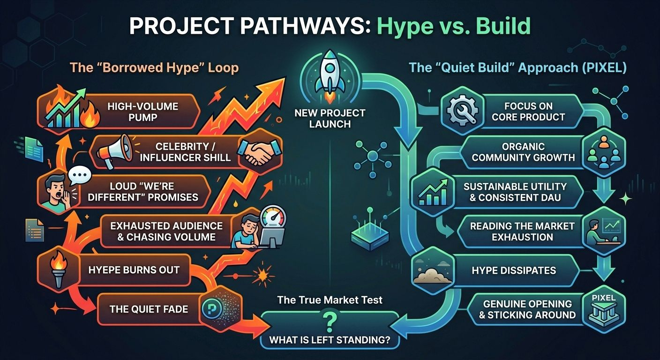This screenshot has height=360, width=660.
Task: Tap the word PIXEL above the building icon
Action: (x=603, y=298)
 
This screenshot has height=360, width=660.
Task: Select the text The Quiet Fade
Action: (x=149, y=308)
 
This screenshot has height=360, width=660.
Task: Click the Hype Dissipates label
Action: (x=514, y=270)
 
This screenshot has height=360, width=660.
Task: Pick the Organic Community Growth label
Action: (x=523, y=152)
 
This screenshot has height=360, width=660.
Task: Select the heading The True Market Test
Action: (x=330, y=300)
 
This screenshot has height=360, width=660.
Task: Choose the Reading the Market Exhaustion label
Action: (x=522, y=232)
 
